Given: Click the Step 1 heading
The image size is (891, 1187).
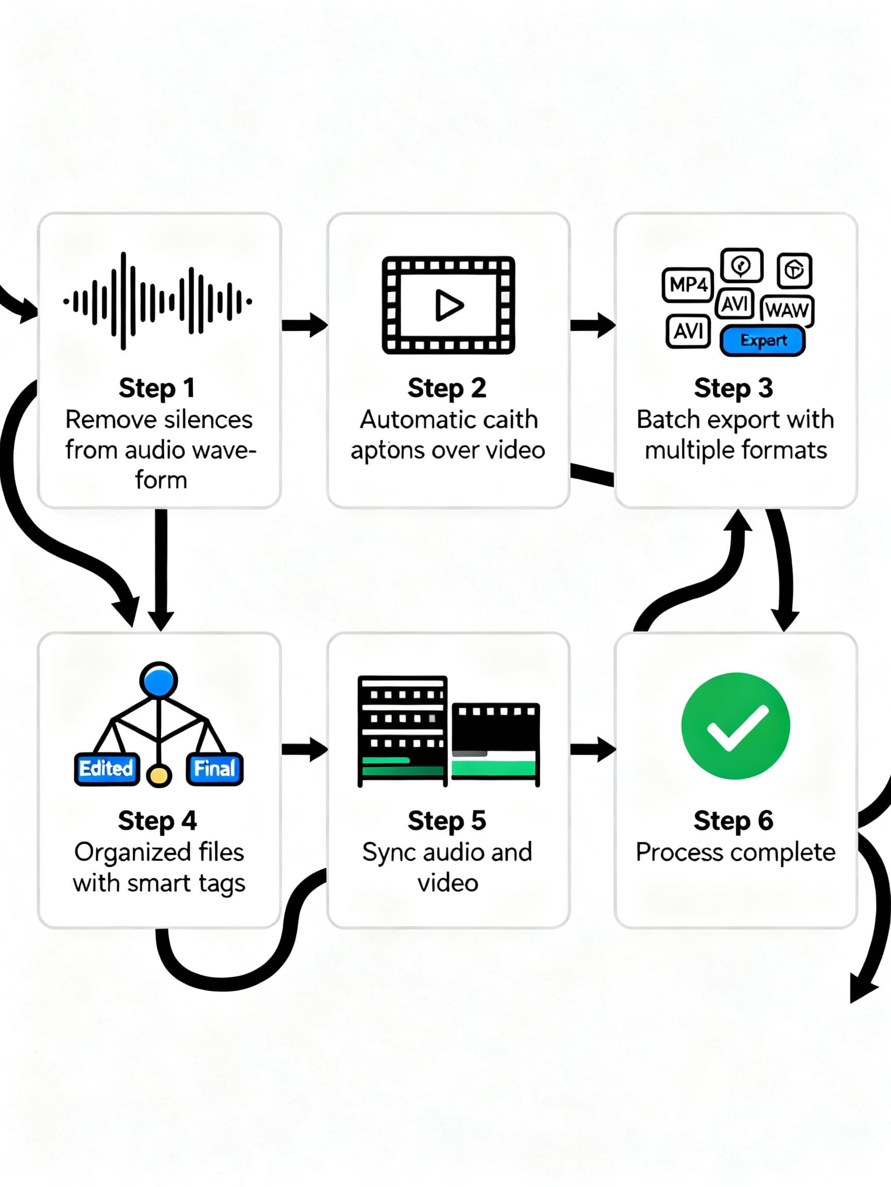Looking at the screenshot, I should point(157,388).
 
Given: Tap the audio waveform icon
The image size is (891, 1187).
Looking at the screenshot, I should point(157,301).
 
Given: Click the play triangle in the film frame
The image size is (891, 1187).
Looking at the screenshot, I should point(449,305).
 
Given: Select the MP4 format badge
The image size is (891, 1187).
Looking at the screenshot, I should point(687,284).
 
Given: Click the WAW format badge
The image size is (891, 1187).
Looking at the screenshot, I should point(787,310).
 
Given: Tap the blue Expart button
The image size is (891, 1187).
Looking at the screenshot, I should point(763,340).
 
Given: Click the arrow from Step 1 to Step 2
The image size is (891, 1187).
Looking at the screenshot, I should point(305,325).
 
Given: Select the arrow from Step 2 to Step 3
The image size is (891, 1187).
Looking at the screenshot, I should point(592,325).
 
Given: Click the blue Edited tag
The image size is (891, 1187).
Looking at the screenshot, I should point(106,769).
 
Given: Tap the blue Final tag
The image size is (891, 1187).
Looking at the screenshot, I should point(214,769).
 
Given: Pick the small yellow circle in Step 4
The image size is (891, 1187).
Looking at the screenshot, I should point(159,775).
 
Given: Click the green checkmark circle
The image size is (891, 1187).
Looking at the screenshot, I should point(735,725).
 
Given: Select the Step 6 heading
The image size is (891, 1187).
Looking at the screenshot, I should point(733,821).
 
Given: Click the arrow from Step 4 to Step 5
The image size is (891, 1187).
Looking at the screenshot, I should point(305,749).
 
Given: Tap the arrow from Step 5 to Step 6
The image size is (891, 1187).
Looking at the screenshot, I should point(592,749).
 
